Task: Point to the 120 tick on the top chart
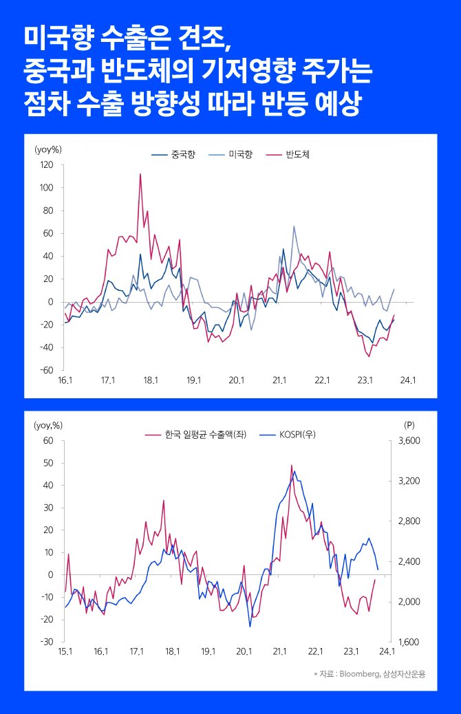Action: pos(47,164)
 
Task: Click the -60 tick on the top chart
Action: pos(47,370)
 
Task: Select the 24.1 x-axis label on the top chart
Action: pos(408,380)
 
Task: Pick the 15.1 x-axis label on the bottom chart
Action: pos(65,651)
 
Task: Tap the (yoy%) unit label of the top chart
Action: pos(48,149)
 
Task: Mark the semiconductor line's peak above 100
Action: pos(140,174)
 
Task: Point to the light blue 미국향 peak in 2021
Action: pos(294,226)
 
